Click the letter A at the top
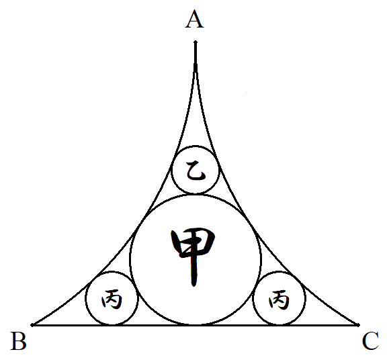(194, 19)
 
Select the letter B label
(19, 341)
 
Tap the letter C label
(370, 341)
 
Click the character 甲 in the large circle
(193, 257)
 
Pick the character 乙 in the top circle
(196, 170)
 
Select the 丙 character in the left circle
(112, 299)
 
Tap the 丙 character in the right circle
(279, 299)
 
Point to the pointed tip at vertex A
(196, 41)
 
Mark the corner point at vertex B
(32, 325)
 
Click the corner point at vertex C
(359, 325)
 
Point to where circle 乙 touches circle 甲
(196, 194)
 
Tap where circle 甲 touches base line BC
(196, 325)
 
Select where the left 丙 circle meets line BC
(112, 325)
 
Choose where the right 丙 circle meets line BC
(279, 325)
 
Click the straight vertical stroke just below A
(196, 56)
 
